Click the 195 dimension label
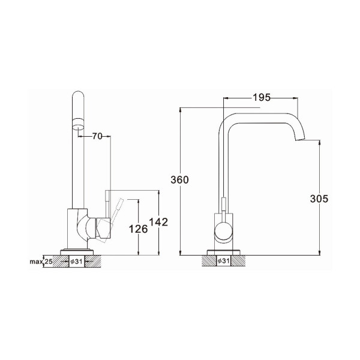(x=262, y=98)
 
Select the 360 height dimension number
(x=179, y=180)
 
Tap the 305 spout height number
(x=319, y=199)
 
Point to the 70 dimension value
(x=97, y=136)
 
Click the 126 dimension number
(x=138, y=229)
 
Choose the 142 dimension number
(x=158, y=222)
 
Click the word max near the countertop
(x=36, y=262)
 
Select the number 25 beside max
(x=49, y=262)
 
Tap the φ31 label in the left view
(x=76, y=262)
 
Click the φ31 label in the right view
(x=223, y=261)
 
